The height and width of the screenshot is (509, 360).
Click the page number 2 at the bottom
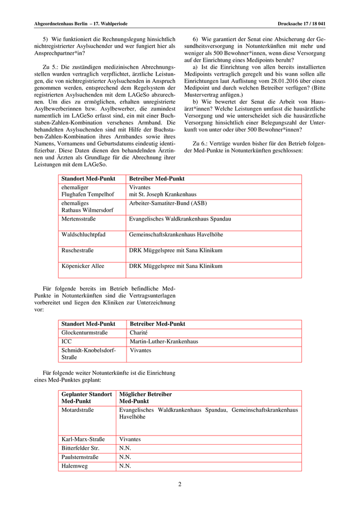point(180,484)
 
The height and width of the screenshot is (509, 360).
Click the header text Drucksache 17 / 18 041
point(305,24)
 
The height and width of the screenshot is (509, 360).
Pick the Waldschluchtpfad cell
point(83,235)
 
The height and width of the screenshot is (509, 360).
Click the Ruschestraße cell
point(78,250)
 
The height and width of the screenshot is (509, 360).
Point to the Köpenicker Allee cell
point(83,266)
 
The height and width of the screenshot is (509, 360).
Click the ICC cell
point(67,341)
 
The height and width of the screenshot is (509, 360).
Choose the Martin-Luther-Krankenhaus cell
point(164,341)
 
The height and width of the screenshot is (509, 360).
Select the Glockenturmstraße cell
point(84,333)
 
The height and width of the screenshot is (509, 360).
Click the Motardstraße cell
point(79,410)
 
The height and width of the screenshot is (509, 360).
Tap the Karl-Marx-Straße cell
point(83,440)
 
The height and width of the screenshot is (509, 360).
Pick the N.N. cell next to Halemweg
point(125,466)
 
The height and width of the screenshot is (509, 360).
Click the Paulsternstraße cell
point(80,457)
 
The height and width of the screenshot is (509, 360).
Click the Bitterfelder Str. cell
point(81,448)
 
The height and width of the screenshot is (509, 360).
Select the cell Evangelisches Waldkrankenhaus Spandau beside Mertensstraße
point(180,219)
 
